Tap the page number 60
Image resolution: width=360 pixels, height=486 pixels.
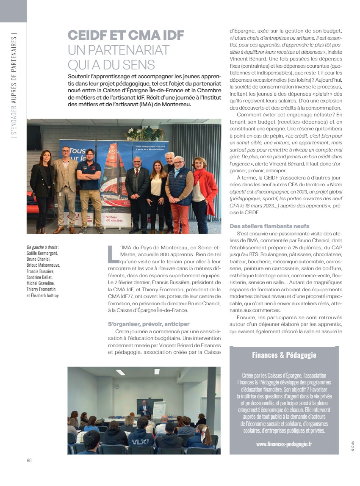[x=29, y=461]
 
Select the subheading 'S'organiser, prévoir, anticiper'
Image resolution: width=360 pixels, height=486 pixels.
[x=144, y=324]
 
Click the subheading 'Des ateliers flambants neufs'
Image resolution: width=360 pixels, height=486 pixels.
[x=269, y=226]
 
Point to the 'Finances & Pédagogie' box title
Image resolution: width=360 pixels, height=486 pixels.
[x=284, y=355]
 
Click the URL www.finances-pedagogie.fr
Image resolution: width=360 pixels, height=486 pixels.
[x=284, y=444]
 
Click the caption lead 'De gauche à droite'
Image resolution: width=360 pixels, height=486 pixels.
[x=42, y=247]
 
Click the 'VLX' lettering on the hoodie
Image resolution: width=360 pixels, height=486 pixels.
[x=141, y=441]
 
